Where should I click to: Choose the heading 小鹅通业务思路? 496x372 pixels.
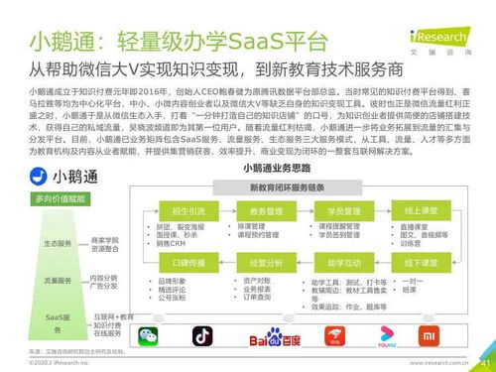294,169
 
